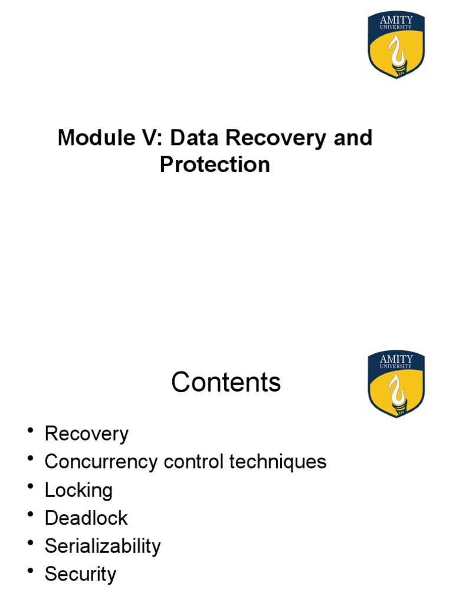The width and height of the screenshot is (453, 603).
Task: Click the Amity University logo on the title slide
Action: tap(396, 45)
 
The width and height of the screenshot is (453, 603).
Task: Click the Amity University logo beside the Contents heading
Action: tap(396, 384)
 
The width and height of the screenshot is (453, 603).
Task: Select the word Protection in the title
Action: tap(215, 164)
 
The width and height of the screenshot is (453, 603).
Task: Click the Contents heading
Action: tap(226, 383)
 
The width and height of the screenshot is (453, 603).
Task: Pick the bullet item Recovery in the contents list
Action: tap(86, 434)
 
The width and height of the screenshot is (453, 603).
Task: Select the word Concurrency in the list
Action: tap(101, 462)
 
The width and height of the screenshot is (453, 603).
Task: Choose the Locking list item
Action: tap(78, 490)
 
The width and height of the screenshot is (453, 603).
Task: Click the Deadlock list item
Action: tap(86, 518)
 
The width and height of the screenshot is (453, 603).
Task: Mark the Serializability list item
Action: tap(103, 546)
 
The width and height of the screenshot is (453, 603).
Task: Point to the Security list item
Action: tap(80, 574)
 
